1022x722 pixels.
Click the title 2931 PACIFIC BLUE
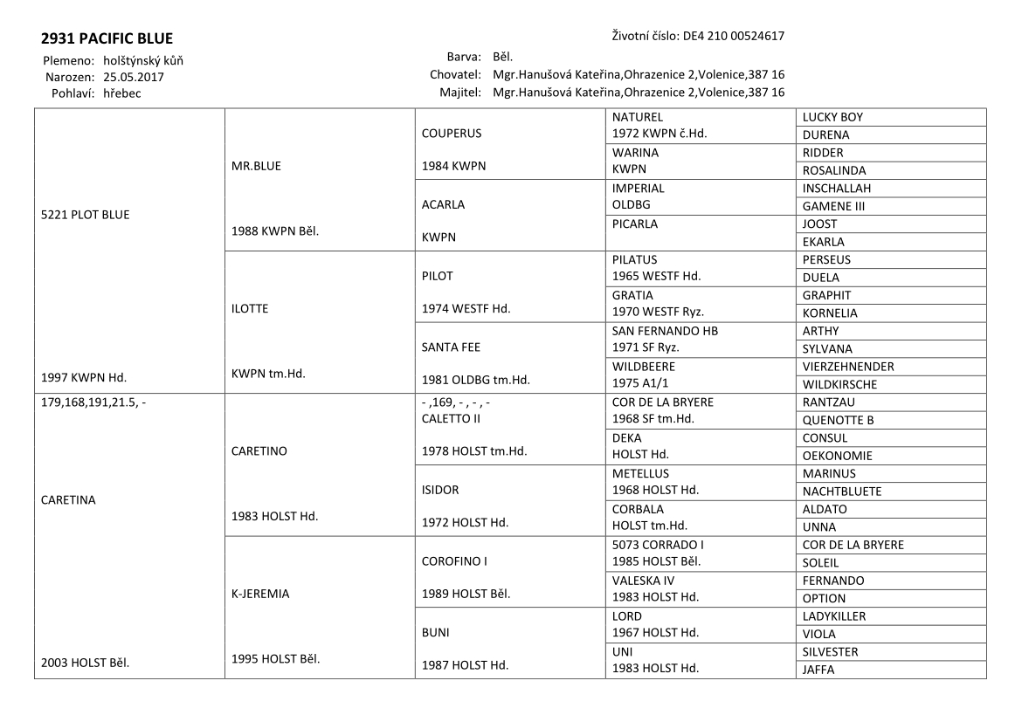coord(107,39)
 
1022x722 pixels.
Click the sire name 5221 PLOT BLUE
coord(86,215)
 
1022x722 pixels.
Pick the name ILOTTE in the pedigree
coord(251,307)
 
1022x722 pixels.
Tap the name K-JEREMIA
coord(260,594)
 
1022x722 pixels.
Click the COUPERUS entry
coord(452,134)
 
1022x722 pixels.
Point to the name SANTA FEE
coord(451,347)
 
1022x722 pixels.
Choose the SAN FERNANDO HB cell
coord(666,331)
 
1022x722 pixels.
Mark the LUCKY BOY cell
coord(832,117)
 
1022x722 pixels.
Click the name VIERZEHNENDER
coord(848,367)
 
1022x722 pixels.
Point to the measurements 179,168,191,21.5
coord(91,403)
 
